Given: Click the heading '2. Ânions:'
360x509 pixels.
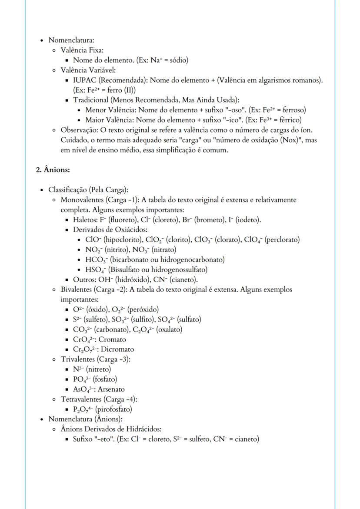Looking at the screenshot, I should (x=53, y=170).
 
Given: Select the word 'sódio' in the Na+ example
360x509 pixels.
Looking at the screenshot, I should (x=178, y=60).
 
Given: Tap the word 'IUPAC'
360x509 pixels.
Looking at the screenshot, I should (x=84, y=80).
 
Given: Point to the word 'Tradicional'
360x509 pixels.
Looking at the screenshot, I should (x=91, y=100).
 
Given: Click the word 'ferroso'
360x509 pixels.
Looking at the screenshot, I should (x=294, y=110).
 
